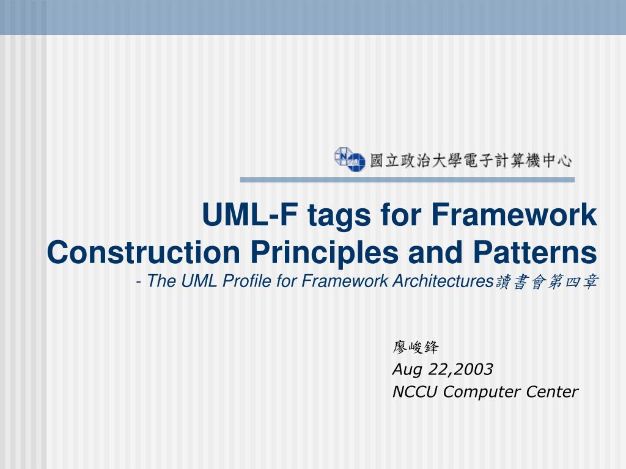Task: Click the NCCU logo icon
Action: tap(350, 159)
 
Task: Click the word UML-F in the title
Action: tap(250, 214)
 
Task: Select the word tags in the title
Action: tap(339, 216)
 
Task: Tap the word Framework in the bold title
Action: tap(514, 214)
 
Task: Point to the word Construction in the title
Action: tap(143, 252)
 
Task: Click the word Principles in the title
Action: tap(325, 253)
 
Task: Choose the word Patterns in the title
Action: tap(535, 252)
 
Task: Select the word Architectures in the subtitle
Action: tap(443, 281)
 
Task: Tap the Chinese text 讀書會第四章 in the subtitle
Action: tap(547, 282)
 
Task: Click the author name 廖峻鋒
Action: tap(415, 347)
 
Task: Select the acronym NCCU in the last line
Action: tap(415, 391)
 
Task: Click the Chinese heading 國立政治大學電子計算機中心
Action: tap(471, 161)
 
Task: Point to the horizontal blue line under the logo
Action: tap(407, 180)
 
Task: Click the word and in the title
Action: tap(436, 252)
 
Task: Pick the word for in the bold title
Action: tap(401, 214)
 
